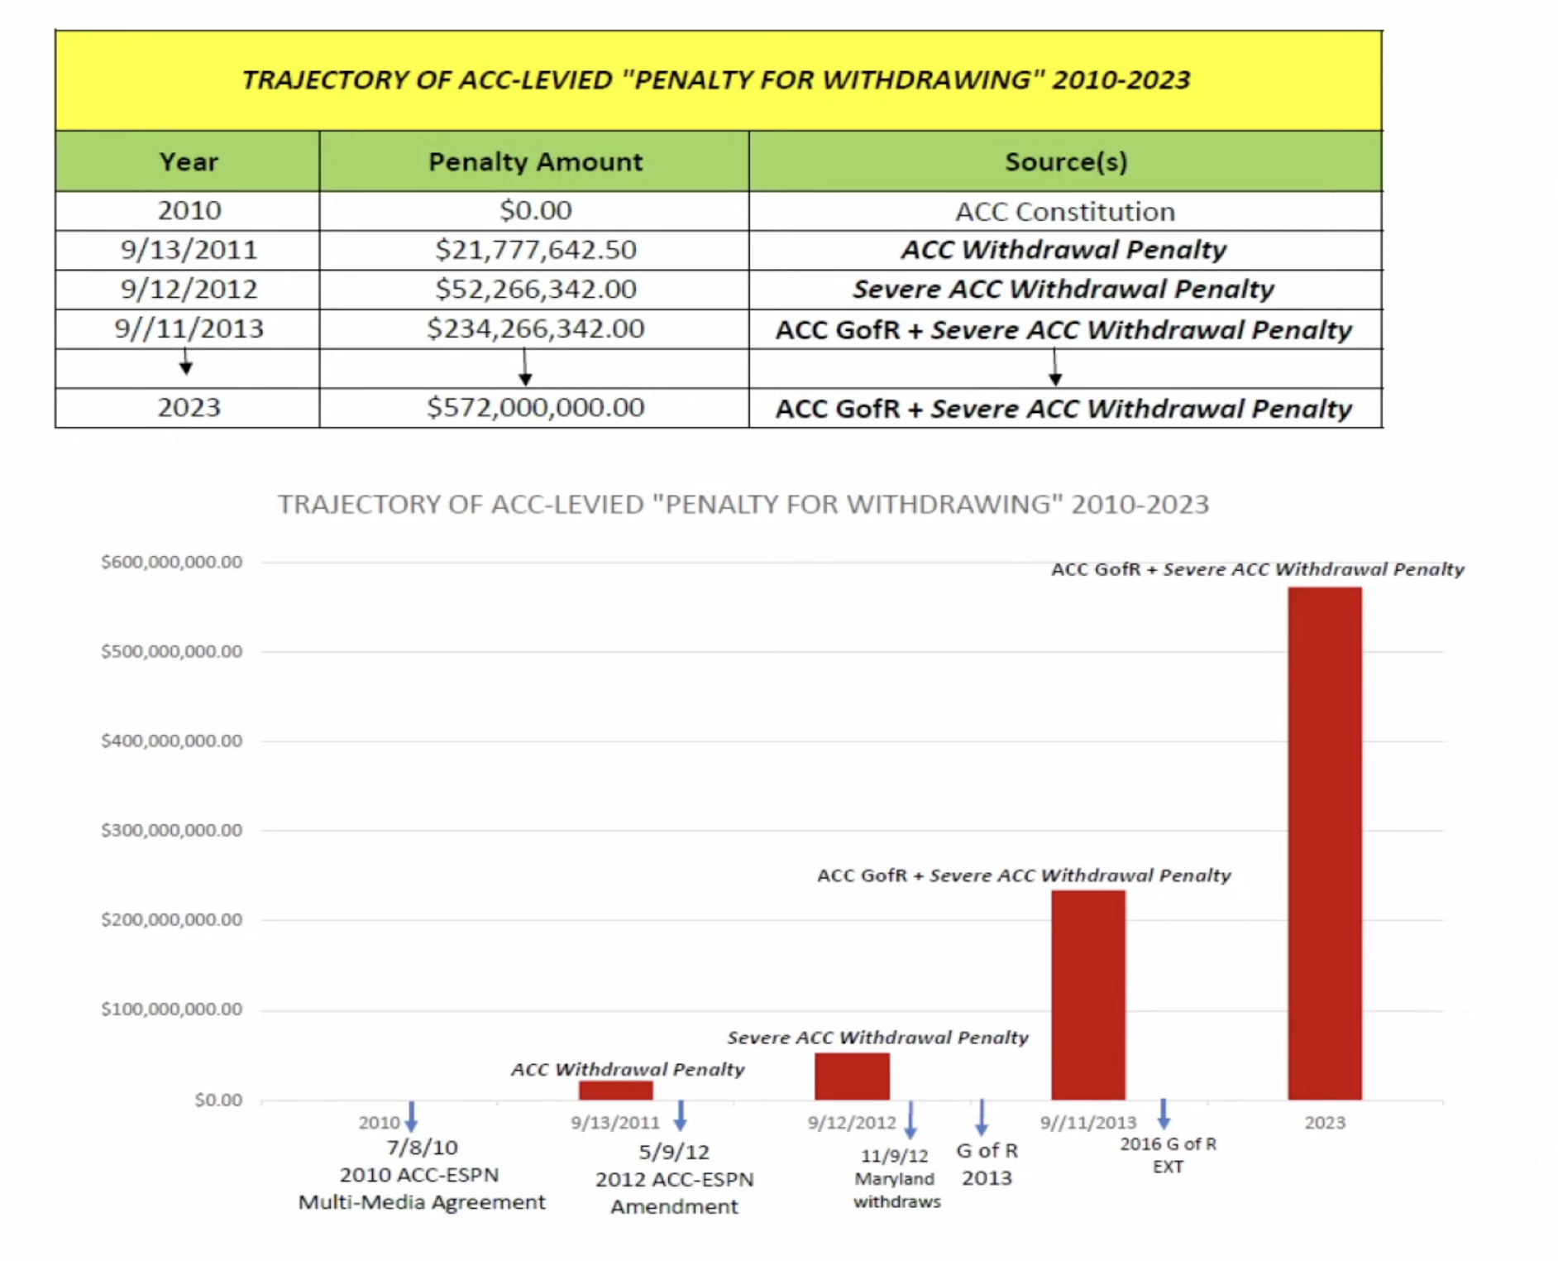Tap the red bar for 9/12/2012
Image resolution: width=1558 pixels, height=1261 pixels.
[852, 1076]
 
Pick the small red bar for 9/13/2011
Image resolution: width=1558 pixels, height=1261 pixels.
[615, 1090]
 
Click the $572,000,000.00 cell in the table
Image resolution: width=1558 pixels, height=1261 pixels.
[535, 407]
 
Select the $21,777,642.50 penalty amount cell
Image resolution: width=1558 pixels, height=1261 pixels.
[535, 249]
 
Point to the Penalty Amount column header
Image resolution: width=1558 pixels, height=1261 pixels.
[535, 161]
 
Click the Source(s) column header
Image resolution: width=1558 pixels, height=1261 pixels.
[1065, 161]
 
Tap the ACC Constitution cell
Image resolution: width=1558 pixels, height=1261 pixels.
[1065, 211]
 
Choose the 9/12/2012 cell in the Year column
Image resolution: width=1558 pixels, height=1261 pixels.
[189, 289]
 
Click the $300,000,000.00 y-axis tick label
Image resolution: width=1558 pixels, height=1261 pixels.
[171, 830]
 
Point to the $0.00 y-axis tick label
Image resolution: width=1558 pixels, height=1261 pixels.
[218, 1100]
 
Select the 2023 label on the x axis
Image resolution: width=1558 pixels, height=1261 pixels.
[1325, 1123]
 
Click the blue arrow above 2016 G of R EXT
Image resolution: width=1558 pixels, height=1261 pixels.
[1163, 1114]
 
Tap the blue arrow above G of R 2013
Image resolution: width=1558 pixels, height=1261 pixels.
[982, 1117]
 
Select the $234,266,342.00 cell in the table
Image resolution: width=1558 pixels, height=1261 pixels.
[535, 328]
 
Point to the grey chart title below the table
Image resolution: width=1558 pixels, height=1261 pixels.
[743, 504]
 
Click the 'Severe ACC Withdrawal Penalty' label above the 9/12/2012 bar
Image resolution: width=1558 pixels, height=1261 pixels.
[877, 1038]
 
